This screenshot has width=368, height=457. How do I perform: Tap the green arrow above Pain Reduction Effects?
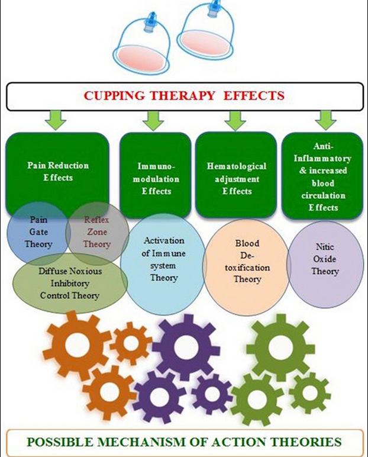(x=56, y=120)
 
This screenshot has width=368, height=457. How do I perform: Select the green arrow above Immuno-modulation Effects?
(x=153, y=120)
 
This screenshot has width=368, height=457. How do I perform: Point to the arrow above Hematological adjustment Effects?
(x=235, y=120)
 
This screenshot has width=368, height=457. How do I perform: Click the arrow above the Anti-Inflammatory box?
(x=326, y=120)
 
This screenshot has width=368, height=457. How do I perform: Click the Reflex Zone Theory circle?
(x=97, y=233)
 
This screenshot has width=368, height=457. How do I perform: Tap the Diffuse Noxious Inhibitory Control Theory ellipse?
(x=70, y=284)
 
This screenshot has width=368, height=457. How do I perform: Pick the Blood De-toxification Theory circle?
(x=247, y=267)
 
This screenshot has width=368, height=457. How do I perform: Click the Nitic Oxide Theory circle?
(x=325, y=264)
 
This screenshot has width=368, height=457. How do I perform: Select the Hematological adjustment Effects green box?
(x=235, y=175)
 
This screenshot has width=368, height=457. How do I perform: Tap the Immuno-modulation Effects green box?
(x=155, y=175)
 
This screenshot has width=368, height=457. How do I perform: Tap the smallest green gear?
(x=310, y=393)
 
